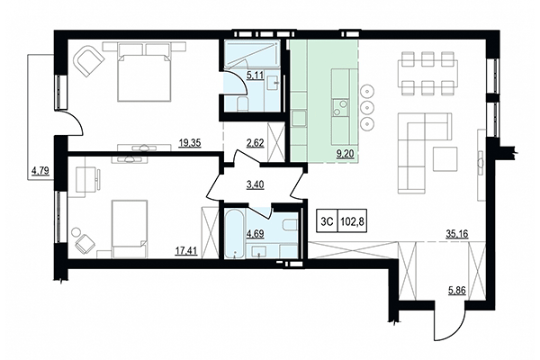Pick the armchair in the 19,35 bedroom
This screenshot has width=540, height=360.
[88, 62]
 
